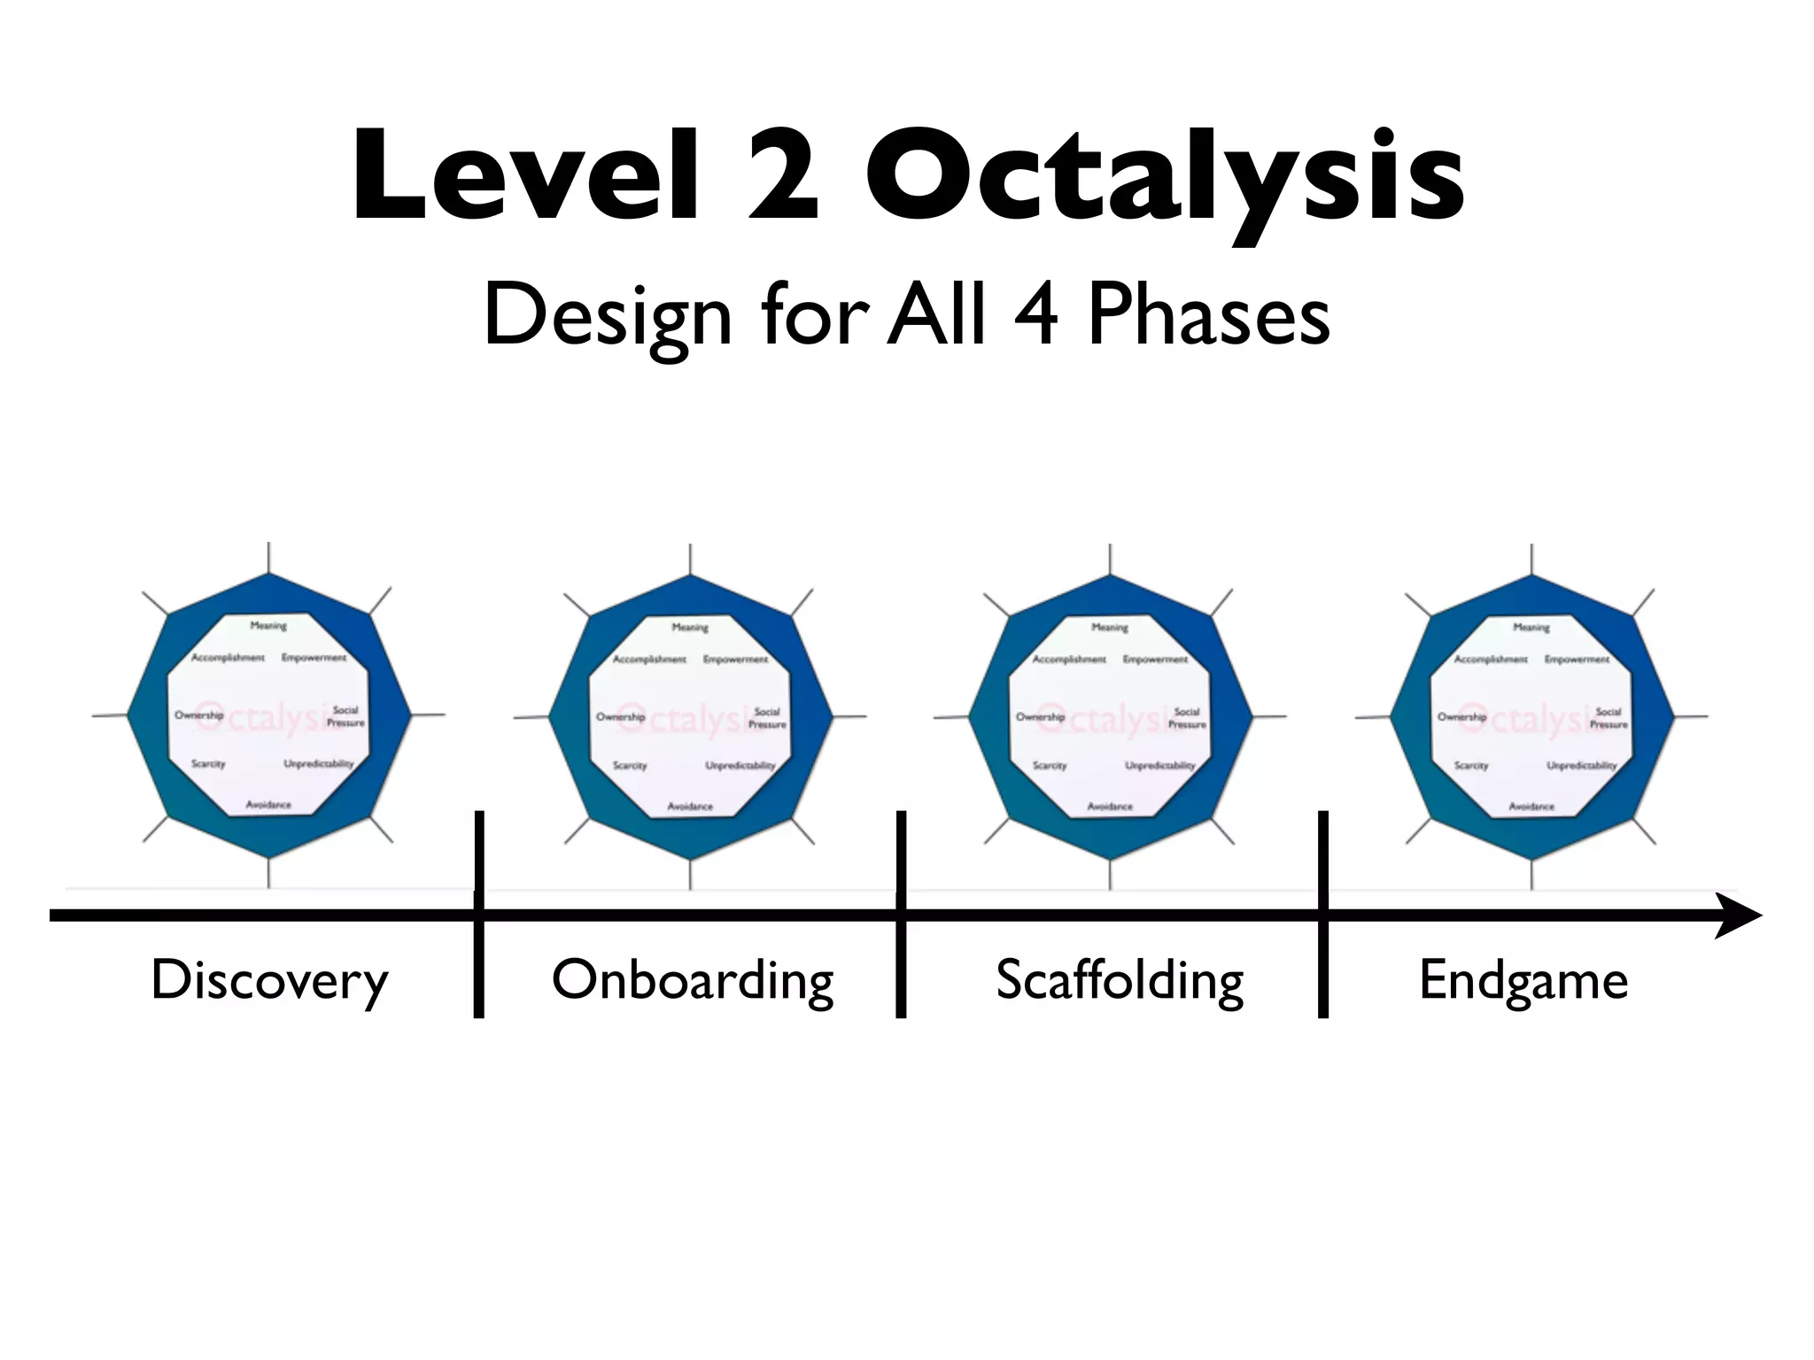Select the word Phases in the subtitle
pyautogui.click(x=1208, y=315)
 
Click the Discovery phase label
pyautogui.click(x=269, y=981)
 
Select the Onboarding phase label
pyautogui.click(x=693, y=981)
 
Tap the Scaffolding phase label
pyautogui.click(x=1120, y=981)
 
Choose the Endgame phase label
pyautogui.click(x=1523, y=981)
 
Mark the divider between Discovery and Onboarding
pyautogui.click(x=479, y=914)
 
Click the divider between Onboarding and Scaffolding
pyautogui.click(x=901, y=914)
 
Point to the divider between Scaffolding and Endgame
pyautogui.click(x=1323, y=914)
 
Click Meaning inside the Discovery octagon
pyautogui.click(x=268, y=625)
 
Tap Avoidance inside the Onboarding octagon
pyautogui.click(x=690, y=806)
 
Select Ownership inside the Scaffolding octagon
pyautogui.click(x=1040, y=716)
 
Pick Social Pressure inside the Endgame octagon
pyautogui.click(x=1608, y=717)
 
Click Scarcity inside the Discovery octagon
pyautogui.click(x=208, y=763)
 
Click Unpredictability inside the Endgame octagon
pyautogui.click(x=1581, y=765)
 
